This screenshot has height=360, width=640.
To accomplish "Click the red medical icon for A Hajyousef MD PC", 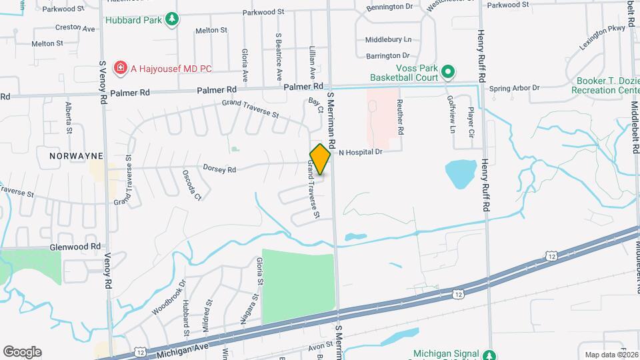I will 120,67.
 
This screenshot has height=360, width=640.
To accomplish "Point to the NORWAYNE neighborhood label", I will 76,155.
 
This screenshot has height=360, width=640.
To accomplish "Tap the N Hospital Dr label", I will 359,152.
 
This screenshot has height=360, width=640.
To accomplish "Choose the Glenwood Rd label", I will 75,246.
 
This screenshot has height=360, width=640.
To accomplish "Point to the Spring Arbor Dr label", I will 514,88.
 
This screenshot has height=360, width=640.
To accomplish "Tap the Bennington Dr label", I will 390,7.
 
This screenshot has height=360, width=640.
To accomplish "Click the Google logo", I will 22,352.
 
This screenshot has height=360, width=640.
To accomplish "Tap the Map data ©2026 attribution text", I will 611,355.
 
